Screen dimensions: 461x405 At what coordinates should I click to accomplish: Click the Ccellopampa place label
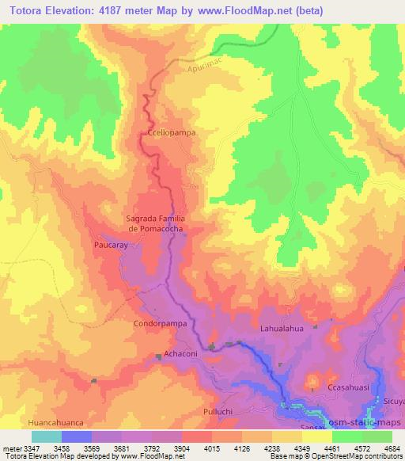(x=171, y=133)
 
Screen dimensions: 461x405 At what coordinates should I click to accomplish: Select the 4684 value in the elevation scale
(x=392, y=448)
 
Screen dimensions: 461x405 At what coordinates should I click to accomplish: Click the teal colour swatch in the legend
(x=46, y=436)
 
